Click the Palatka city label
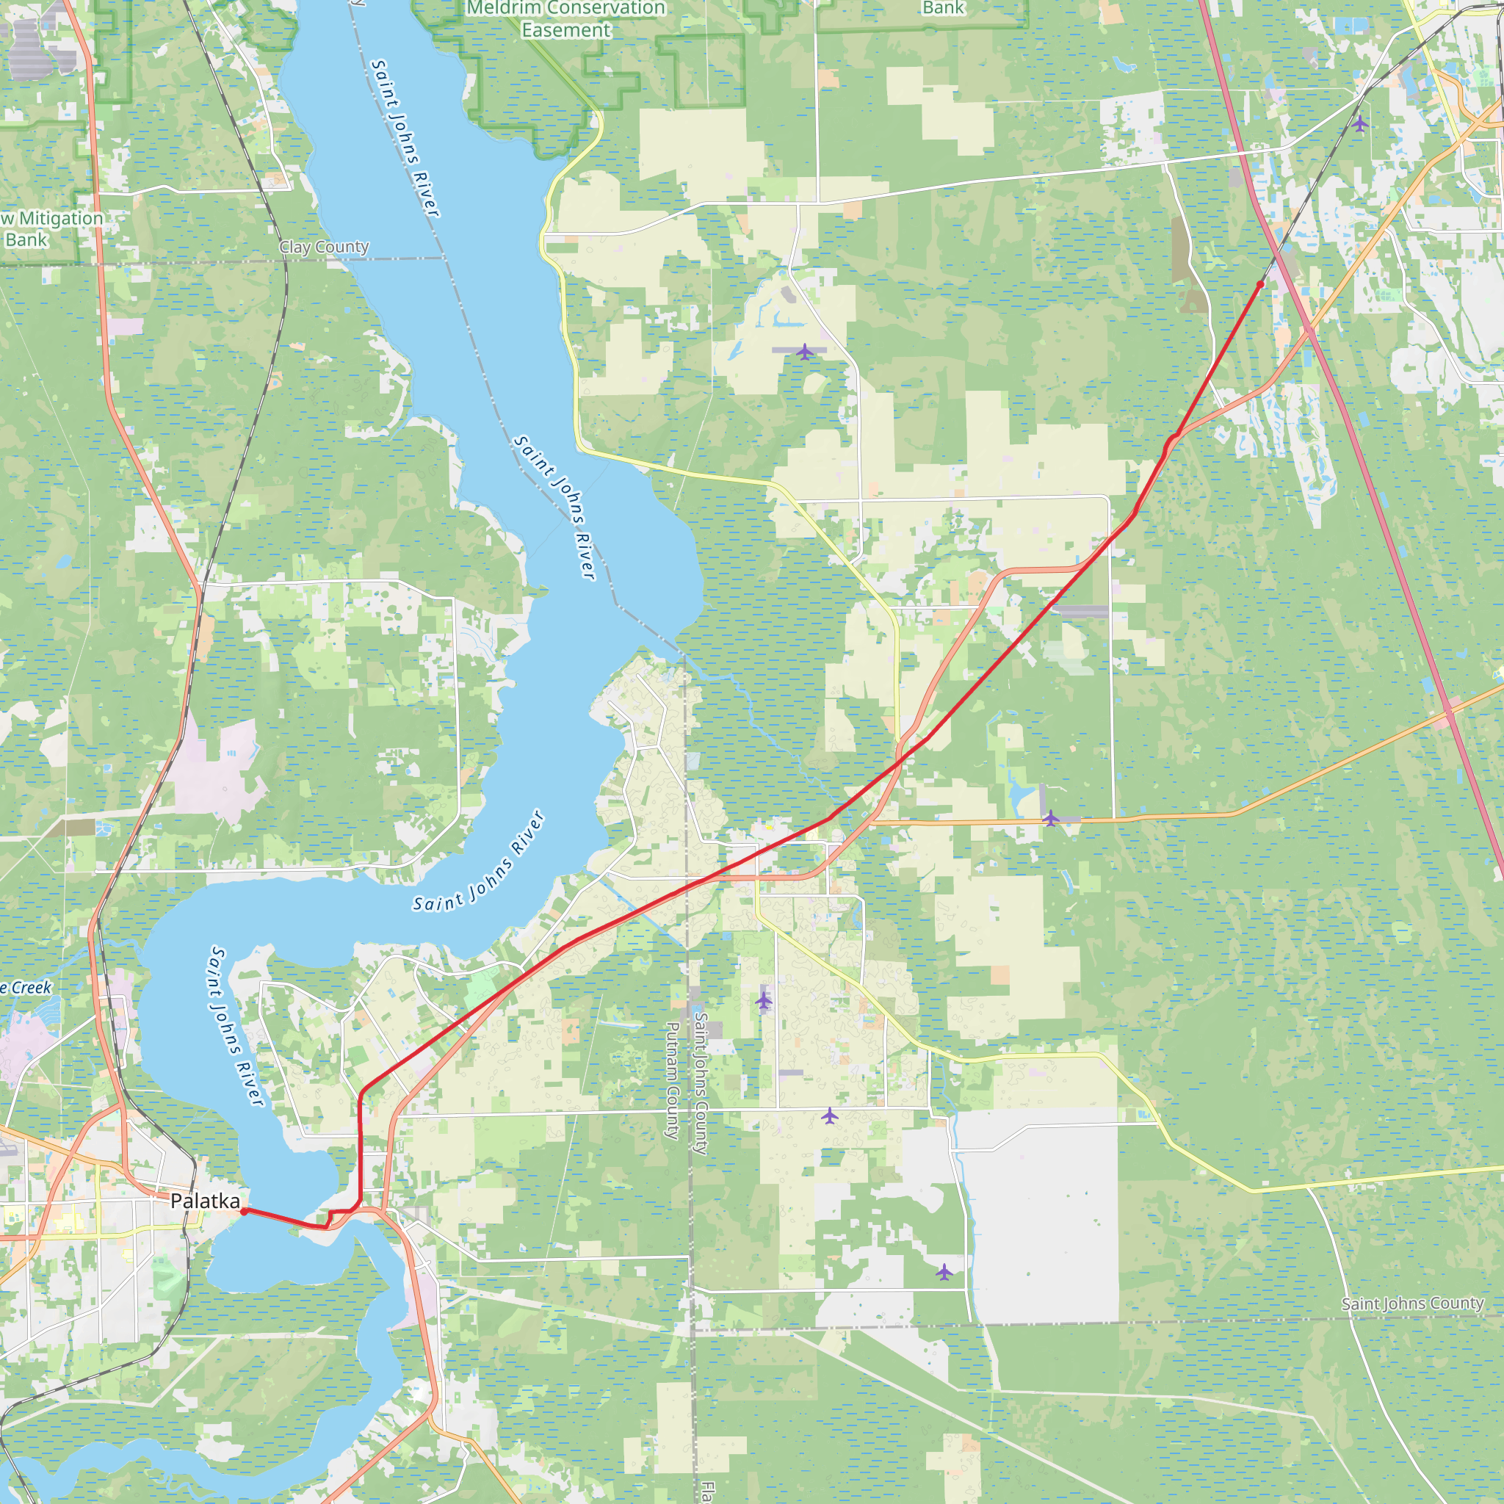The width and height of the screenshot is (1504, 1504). (206, 1201)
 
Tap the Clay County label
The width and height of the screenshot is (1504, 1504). (324, 247)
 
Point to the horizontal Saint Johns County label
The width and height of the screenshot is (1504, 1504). (1412, 1304)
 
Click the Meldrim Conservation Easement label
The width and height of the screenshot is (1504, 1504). (566, 20)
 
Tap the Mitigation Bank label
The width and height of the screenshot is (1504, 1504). (51, 229)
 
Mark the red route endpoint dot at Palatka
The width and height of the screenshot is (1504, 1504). (244, 1211)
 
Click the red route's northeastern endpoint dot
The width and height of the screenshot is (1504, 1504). (1260, 285)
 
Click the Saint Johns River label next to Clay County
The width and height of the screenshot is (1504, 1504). (405, 139)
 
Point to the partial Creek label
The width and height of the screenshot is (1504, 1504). (26, 988)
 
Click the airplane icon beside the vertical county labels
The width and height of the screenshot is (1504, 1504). (764, 1000)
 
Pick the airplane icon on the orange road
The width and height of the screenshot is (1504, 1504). (1051, 818)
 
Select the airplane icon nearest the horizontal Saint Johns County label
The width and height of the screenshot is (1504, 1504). (944, 1273)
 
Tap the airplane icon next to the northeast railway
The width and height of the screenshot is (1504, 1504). (1360, 124)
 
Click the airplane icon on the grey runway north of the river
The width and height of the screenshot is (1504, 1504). (805, 352)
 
